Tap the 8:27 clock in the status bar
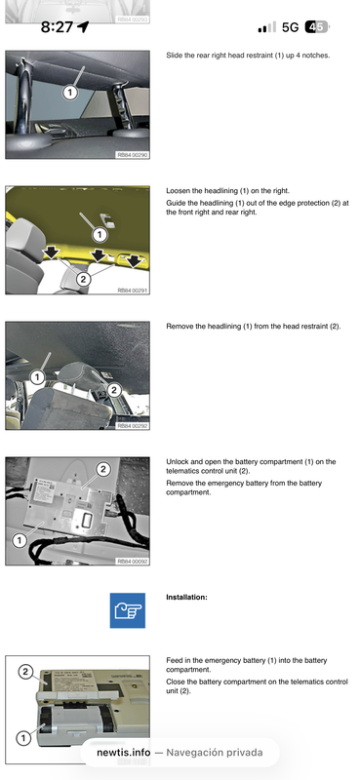click(x=57, y=27)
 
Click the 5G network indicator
click(x=290, y=27)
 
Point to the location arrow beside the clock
click(x=83, y=27)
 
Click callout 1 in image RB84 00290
click(x=70, y=93)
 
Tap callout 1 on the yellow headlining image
click(x=100, y=234)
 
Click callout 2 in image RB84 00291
click(x=83, y=279)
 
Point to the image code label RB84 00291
click(x=132, y=290)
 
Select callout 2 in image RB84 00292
click(x=113, y=390)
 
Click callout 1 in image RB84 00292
click(x=36, y=376)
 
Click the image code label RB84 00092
click(x=132, y=561)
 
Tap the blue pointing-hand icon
click(x=127, y=609)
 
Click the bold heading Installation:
click(x=186, y=596)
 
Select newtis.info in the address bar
click(x=122, y=753)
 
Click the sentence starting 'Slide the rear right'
click(x=248, y=56)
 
